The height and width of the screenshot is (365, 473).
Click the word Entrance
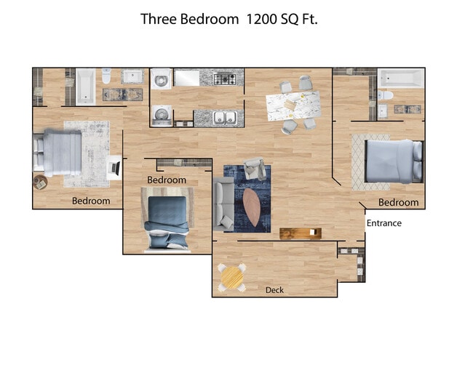coord(383,223)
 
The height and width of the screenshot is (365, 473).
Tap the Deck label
coord(274,290)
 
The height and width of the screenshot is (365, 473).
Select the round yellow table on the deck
coord(231,277)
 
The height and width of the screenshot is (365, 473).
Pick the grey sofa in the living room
coord(223,206)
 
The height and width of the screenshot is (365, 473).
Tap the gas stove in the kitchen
coord(228,79)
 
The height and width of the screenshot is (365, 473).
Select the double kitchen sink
coord(225,117)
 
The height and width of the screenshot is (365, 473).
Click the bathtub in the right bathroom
coord(400,77)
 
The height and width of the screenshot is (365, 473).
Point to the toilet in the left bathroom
coord(106,76)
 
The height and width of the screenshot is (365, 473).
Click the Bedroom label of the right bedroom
coord(398,202)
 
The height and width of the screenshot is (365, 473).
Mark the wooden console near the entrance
coord(301,233)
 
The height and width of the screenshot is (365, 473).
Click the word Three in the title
coord(159,20)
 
